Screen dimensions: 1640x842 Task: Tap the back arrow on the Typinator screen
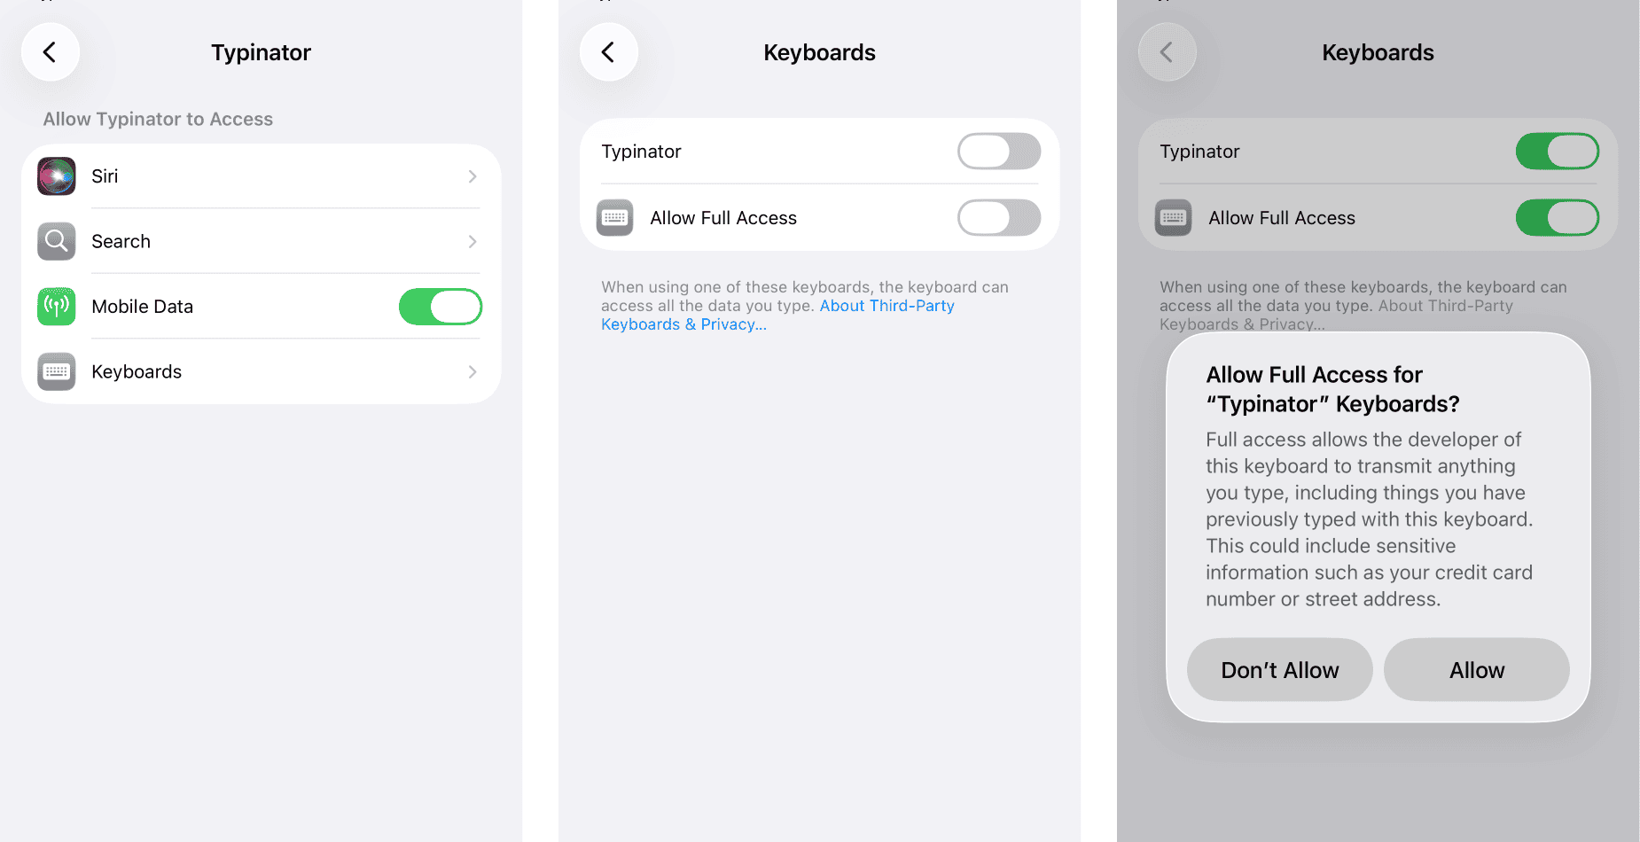51,52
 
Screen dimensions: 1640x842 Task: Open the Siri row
261,176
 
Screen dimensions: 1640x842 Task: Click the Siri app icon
57,176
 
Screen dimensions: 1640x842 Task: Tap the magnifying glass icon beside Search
57,241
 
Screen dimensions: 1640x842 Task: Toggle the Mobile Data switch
441,307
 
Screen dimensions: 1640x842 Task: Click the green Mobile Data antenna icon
57,307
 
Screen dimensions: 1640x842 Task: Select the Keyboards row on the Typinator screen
261,372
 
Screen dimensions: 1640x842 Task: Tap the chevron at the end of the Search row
472,242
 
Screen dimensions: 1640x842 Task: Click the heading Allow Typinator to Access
158,119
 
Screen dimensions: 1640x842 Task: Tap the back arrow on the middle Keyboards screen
609,52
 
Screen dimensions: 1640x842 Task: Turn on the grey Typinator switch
999,152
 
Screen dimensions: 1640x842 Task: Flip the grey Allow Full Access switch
999,218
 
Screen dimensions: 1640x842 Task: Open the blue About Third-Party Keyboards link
777,315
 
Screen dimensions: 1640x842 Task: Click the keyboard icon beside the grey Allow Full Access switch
615,218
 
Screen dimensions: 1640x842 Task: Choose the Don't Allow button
1280,670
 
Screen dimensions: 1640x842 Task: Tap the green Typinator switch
1558,152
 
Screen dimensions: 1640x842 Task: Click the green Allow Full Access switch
1558,218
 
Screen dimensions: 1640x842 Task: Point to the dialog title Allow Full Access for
1314,375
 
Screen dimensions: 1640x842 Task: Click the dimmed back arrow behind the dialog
1168,52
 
